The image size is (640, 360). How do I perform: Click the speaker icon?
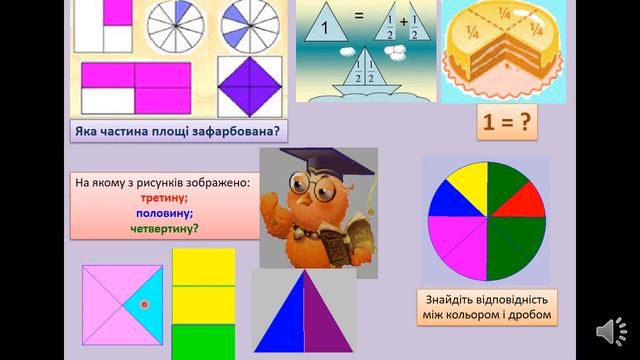(608, 331)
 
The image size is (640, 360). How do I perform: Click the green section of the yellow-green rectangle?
(203, 339)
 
